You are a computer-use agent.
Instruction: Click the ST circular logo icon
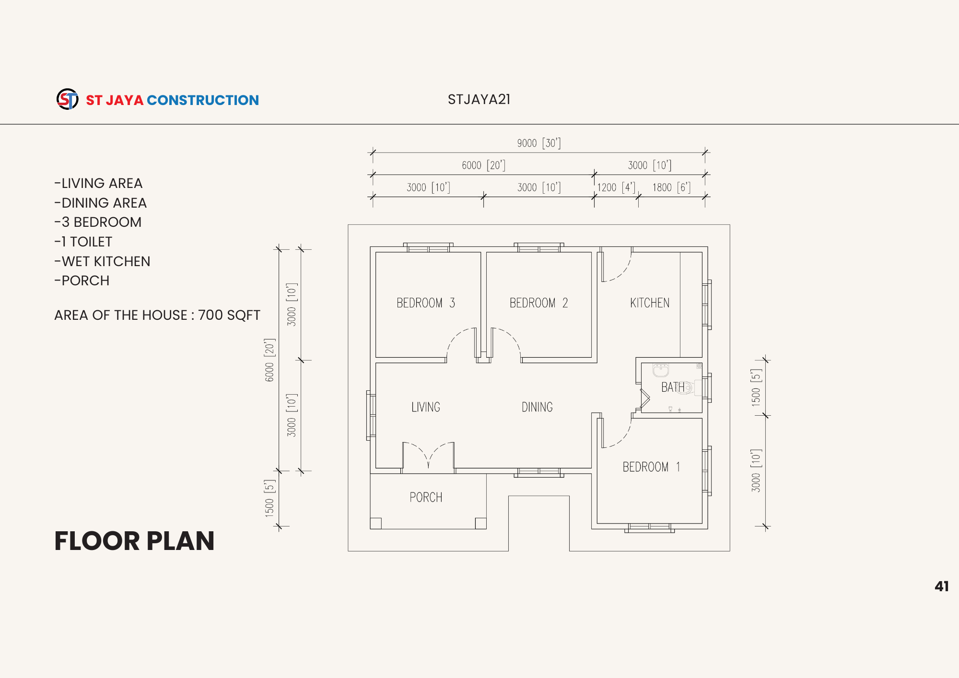point(68,99)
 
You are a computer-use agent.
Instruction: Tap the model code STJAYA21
point(479,99)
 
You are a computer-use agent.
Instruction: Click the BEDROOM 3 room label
point(426,303)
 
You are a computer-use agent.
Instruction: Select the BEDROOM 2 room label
point(538,303)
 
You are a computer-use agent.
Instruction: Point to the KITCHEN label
point(650,303)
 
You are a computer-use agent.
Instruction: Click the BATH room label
point(673,387)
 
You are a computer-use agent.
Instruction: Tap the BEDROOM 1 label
point(651,467)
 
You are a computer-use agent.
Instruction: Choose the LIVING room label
point(426,407)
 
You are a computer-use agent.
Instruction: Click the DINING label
point(537,407)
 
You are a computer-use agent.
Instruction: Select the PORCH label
point(426,497)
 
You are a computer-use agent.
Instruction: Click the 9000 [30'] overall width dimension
point(539,143)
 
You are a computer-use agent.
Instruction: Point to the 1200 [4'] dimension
point(616,187)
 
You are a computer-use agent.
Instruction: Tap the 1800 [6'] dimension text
point(671,187)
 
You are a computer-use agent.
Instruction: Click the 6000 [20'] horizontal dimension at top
point(483,165)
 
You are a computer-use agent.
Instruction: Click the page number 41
point(942,586)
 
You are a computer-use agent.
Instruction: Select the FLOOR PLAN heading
point(134,541)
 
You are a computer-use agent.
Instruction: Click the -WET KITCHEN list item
point(102,261)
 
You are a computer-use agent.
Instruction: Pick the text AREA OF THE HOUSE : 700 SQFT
point(157,315)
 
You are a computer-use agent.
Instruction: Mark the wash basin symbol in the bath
point(661,370)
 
